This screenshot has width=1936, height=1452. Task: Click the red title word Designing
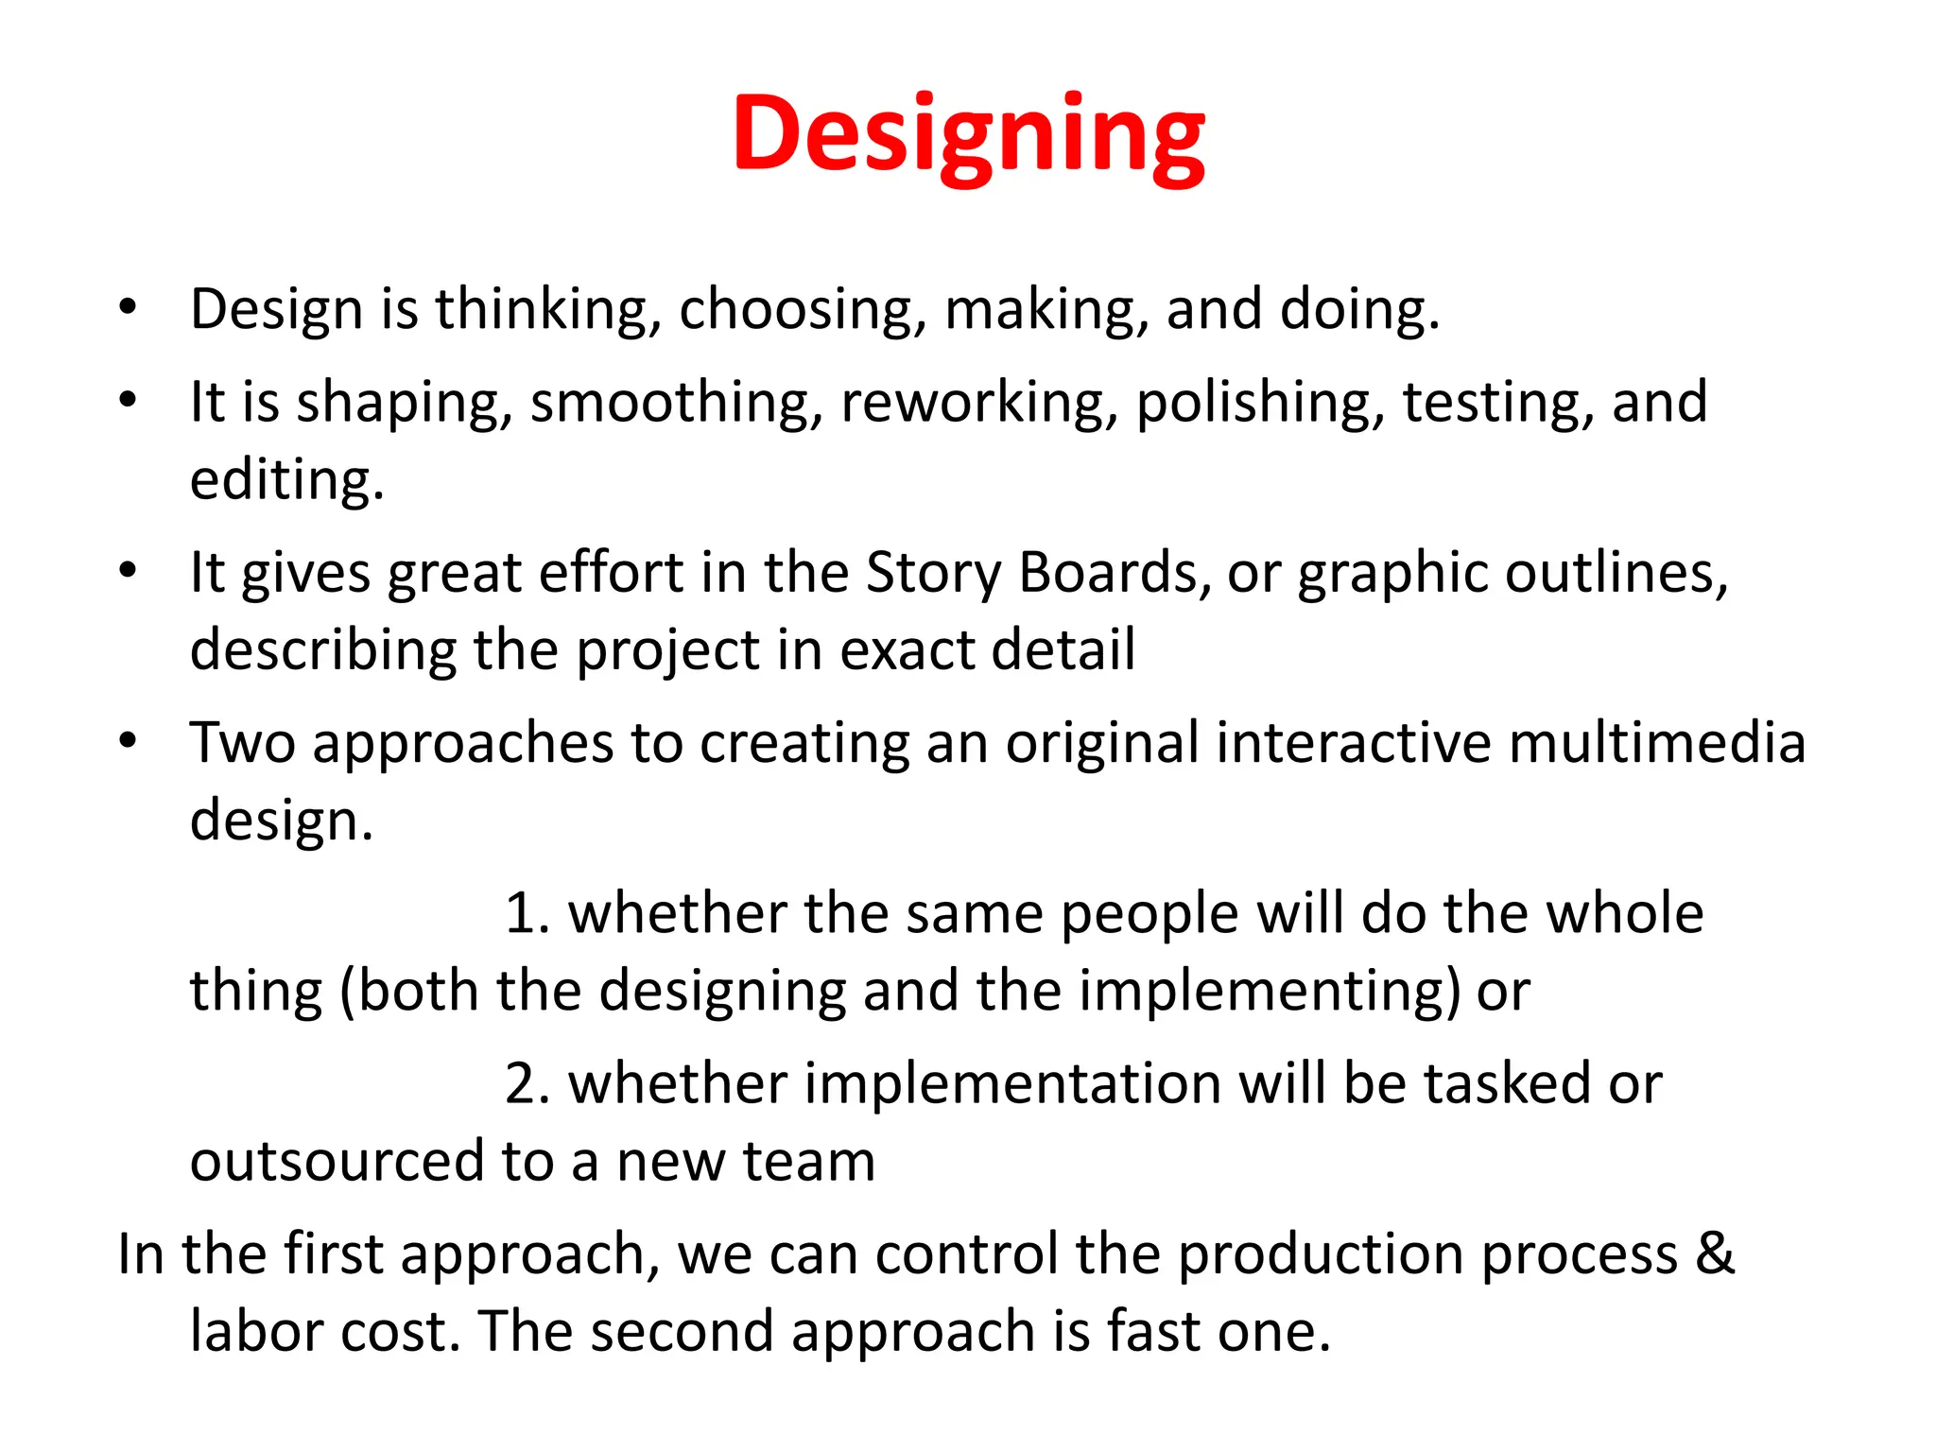[x=968, y=134]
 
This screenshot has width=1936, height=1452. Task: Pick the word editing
[x=286, y=480]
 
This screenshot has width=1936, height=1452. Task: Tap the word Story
[x=933, y=574]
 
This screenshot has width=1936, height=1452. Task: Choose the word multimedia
[x=1657, y=742]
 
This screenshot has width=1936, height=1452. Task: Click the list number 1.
[x=526, y=914]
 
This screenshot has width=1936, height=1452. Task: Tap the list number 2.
[x=527, y=1084]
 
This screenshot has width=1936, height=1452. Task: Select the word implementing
[x=1270, y=993]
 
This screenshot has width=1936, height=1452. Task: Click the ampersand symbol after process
[x=1715, y=1254]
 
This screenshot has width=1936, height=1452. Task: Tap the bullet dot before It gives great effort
[x=129, y=571]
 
